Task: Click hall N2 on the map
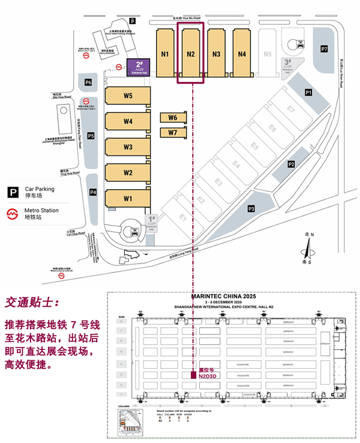pos(191,53)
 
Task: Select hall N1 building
pos(165,53)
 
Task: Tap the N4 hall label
pos(242,53)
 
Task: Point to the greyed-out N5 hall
pos(268,53)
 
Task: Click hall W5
pos(128,96)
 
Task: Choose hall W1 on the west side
pos(128,198)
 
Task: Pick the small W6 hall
pos(173,118)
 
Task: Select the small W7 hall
pos(173,132)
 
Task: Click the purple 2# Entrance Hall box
pos(139,67)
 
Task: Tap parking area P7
pos(324,48)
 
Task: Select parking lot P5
pos(91,136)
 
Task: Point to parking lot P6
pos(88,82)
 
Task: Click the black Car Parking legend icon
pos(12,191)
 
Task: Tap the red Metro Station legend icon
pos(12,213)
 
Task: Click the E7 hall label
pos(290,109)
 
